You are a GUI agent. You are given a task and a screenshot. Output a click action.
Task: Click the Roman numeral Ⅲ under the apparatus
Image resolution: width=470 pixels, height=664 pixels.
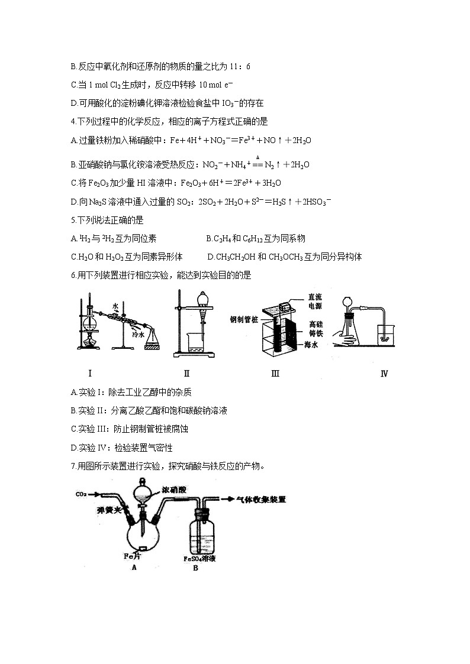click(275, 373)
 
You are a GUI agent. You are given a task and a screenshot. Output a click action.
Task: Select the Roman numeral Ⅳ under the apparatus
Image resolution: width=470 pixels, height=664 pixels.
click(384, 374)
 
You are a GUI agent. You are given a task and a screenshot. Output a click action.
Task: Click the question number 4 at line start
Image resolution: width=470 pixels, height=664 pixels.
click(72, 122)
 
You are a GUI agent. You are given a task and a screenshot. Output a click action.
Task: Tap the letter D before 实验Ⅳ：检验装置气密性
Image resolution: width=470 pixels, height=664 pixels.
click(73, 448)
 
